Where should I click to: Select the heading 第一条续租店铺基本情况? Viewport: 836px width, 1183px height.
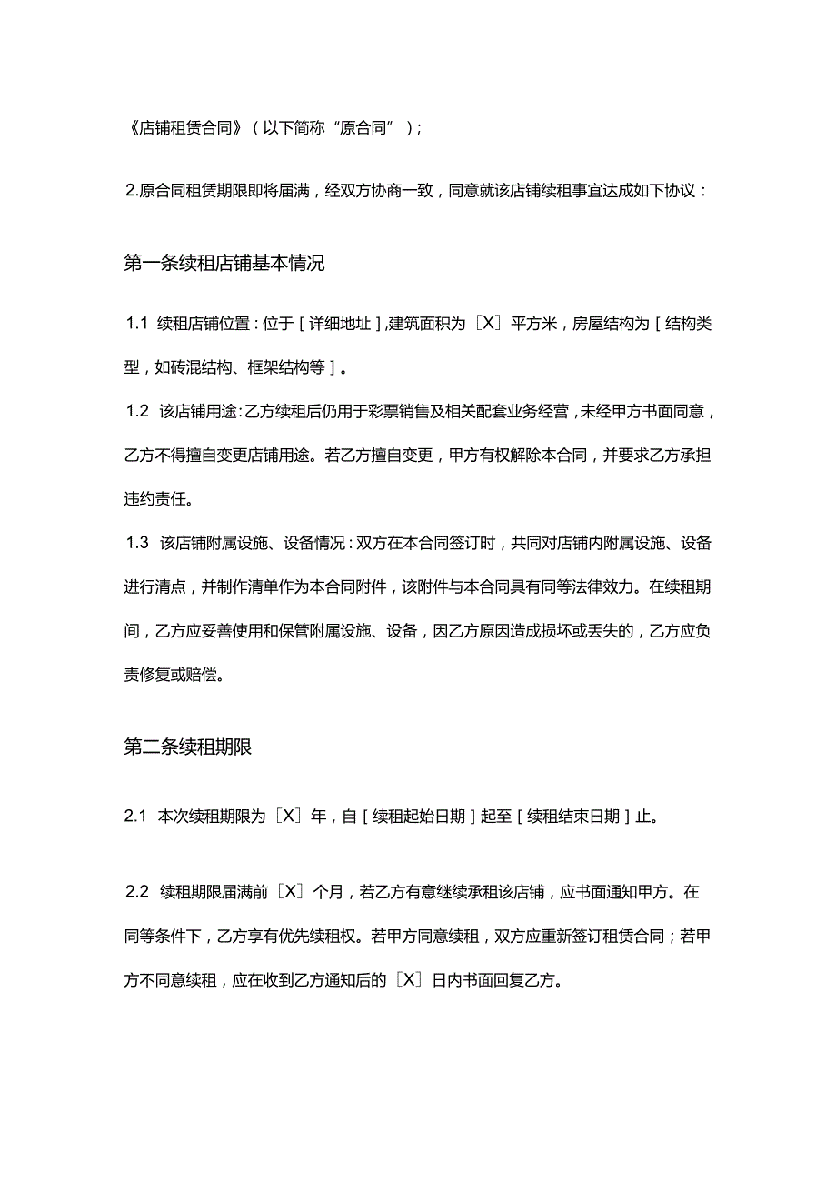pos(224,264)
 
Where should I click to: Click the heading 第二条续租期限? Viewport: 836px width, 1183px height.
pos(187,747)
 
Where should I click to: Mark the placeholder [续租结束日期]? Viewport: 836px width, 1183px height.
pos(574,816)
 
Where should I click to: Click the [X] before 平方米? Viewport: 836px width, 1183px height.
pos(488,324)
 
